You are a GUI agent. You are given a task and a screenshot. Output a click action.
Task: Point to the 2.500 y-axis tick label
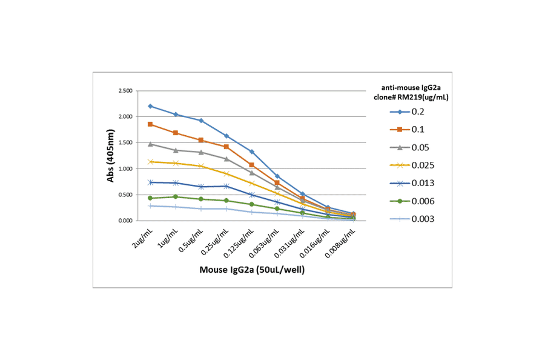click(126, 91)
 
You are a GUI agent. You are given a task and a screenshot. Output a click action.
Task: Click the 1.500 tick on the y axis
click(126, 143)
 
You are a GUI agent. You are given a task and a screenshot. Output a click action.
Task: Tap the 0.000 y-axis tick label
click(126, 221)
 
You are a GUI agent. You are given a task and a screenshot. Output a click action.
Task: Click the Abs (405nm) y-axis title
click(110, 156)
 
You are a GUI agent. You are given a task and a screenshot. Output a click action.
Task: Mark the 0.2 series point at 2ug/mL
click(150, 106)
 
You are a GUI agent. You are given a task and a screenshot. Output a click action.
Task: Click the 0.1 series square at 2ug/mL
click(150, 124)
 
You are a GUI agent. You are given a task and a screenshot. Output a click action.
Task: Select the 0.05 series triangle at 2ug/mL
click(150, 144)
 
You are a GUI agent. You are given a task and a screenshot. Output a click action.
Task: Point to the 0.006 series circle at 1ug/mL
click(176, 196)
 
